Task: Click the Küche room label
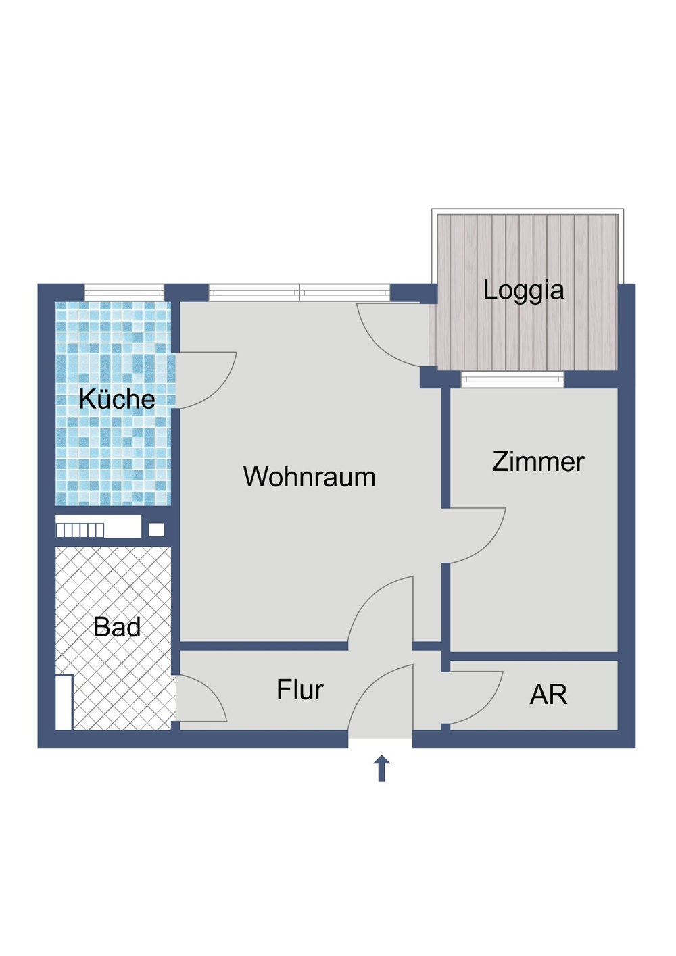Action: point(117,399)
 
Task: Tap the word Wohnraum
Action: point(309,477)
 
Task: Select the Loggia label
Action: point(523,290)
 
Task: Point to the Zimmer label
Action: point(538,461)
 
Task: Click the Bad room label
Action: point(117,627)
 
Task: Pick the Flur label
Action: point(299,690)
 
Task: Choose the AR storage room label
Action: point(548,695)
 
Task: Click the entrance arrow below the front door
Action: point(382,768)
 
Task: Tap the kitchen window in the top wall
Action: point(124,293)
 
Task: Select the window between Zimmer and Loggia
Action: point(512,380)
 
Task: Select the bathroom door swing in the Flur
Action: point(199,699)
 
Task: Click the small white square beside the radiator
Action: point(156,530)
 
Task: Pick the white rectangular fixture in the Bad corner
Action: point(64,702)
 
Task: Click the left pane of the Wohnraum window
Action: point(254,293)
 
